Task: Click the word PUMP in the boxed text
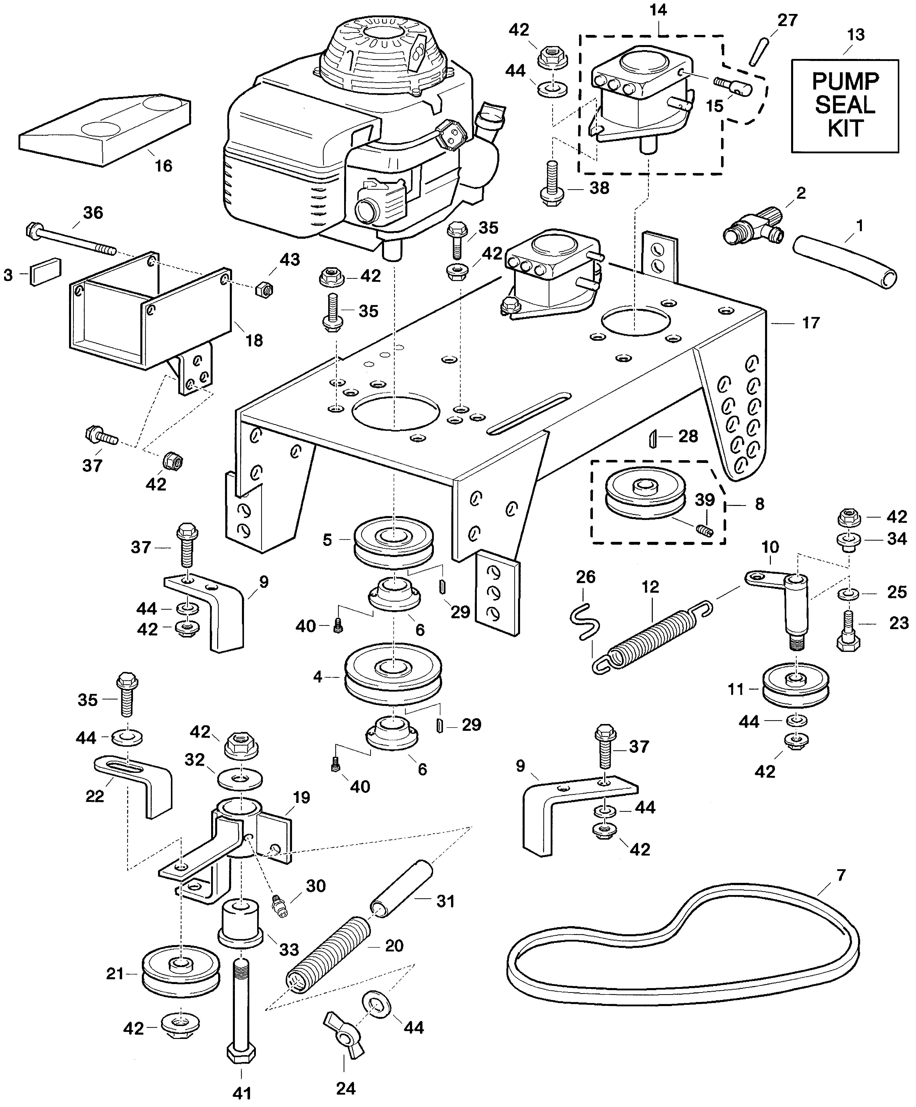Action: tap(845, 82)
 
